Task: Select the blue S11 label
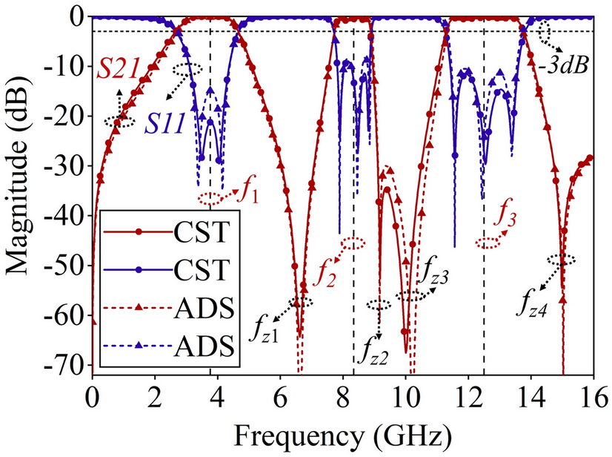[165, 122]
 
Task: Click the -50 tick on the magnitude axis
[66, 266]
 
